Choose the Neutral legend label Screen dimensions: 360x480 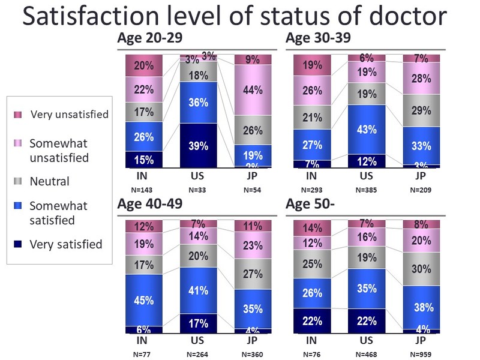[x=49, y=181]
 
